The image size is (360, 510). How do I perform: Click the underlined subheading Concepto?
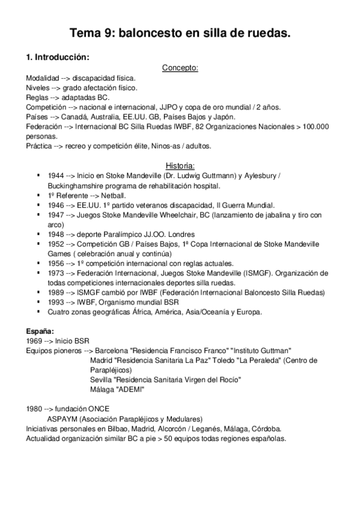[x=180, y=68]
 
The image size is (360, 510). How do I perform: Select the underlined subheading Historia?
[x=180, y=165]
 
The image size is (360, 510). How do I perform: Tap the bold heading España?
[x=39, y=331]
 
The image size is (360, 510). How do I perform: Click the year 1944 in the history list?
[x=55, y=176]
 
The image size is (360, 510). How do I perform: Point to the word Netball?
[x=112, y=195]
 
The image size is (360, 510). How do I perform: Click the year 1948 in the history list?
[x=55, y=234]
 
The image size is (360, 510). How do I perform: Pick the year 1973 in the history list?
[x=55, y=273]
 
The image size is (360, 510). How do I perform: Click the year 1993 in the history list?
[x=55, y=302]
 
